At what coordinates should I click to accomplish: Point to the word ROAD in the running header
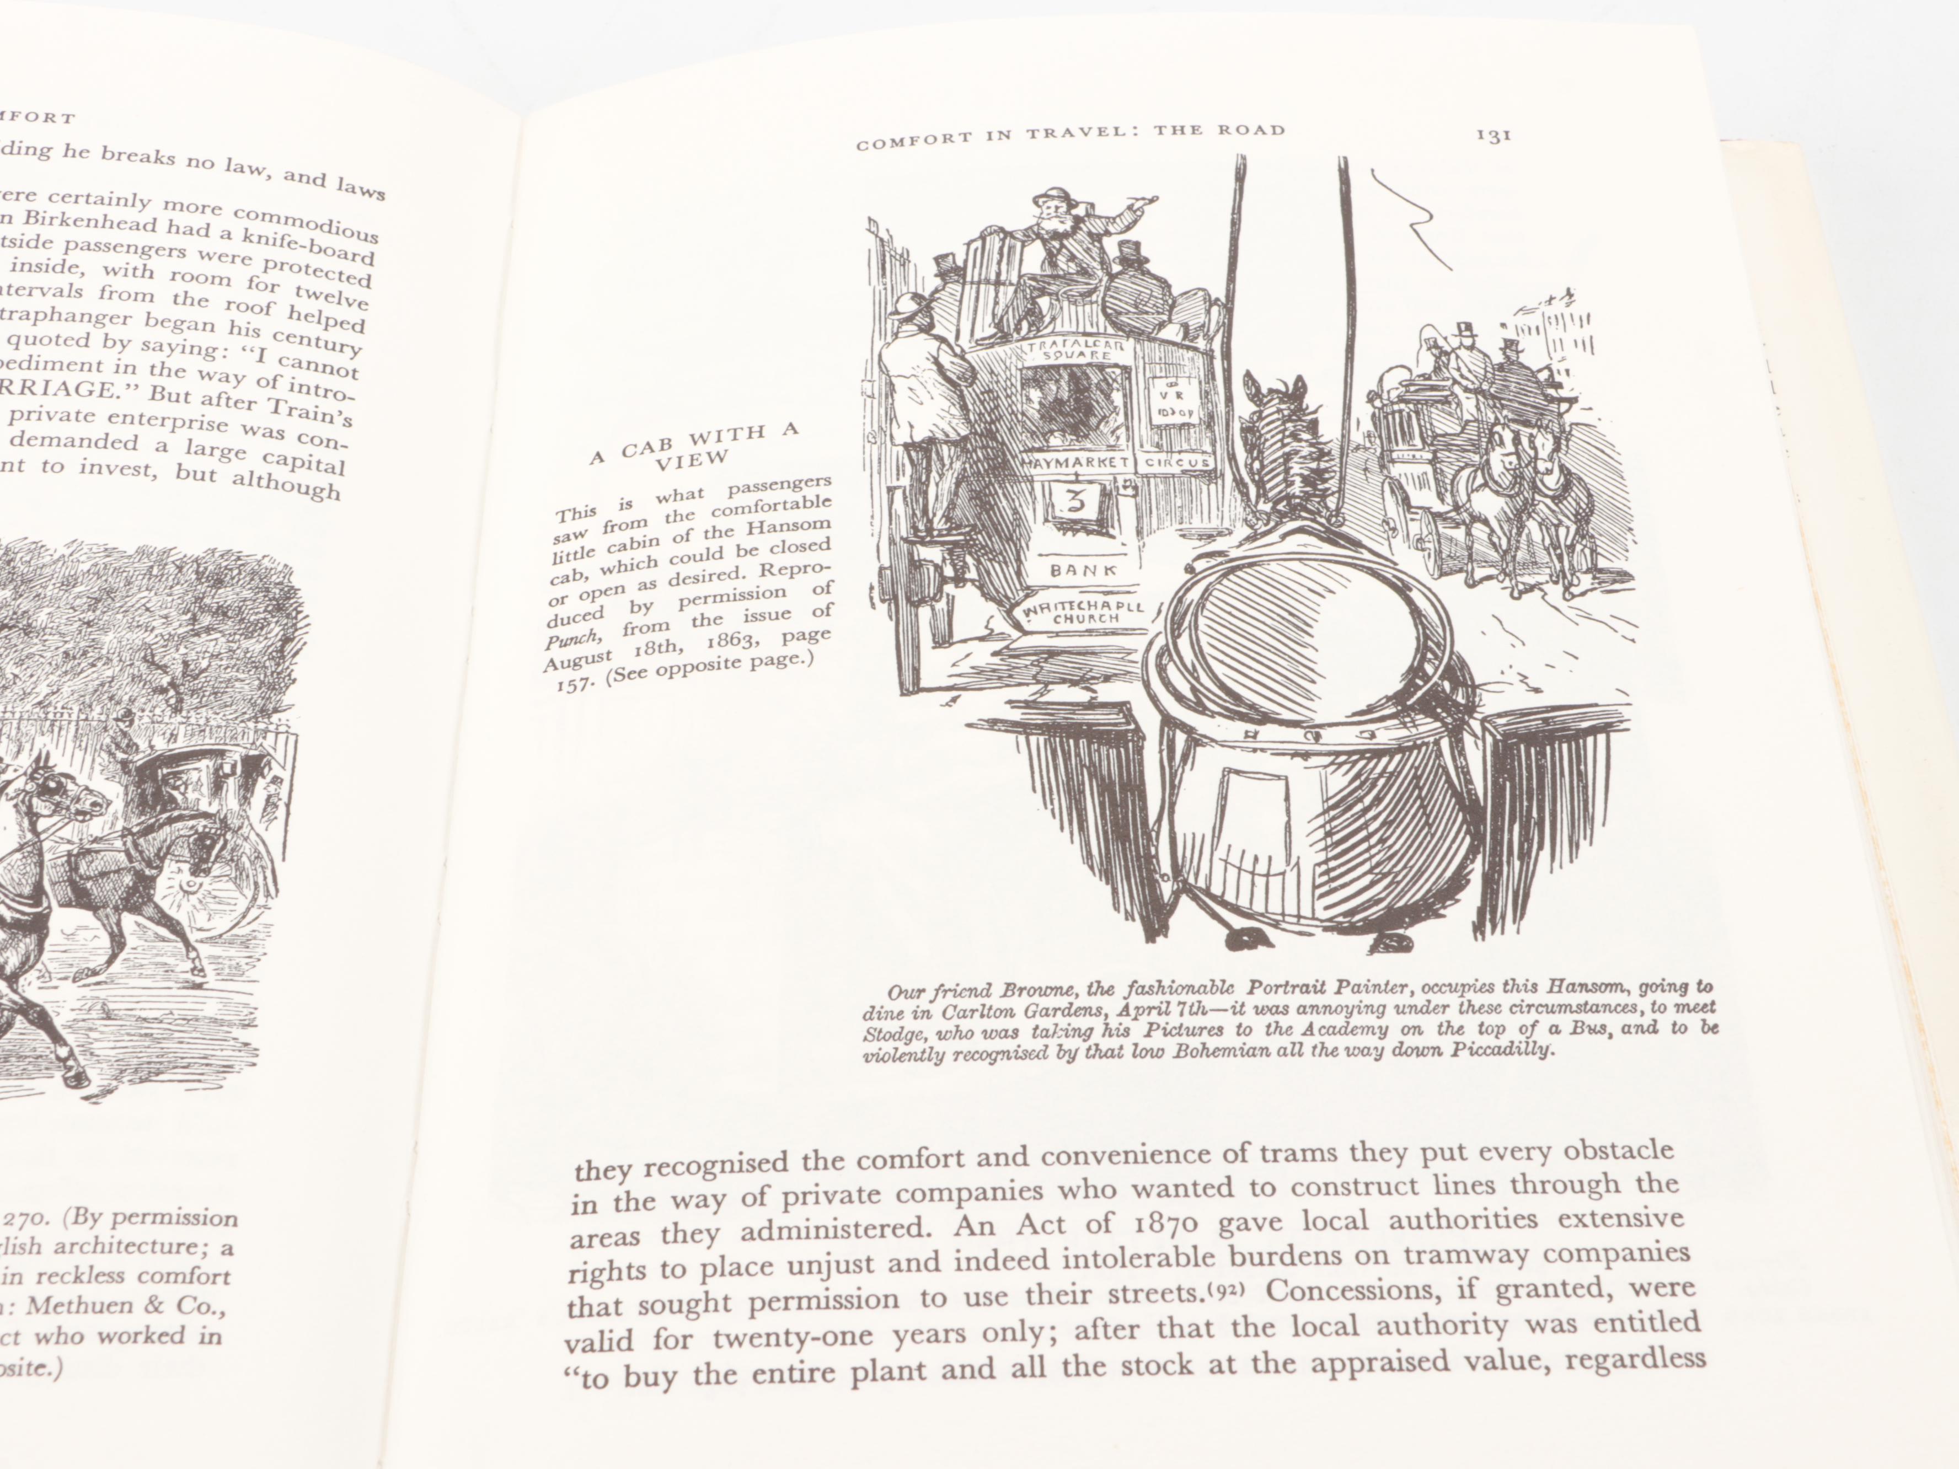(x=1250, y=131)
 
